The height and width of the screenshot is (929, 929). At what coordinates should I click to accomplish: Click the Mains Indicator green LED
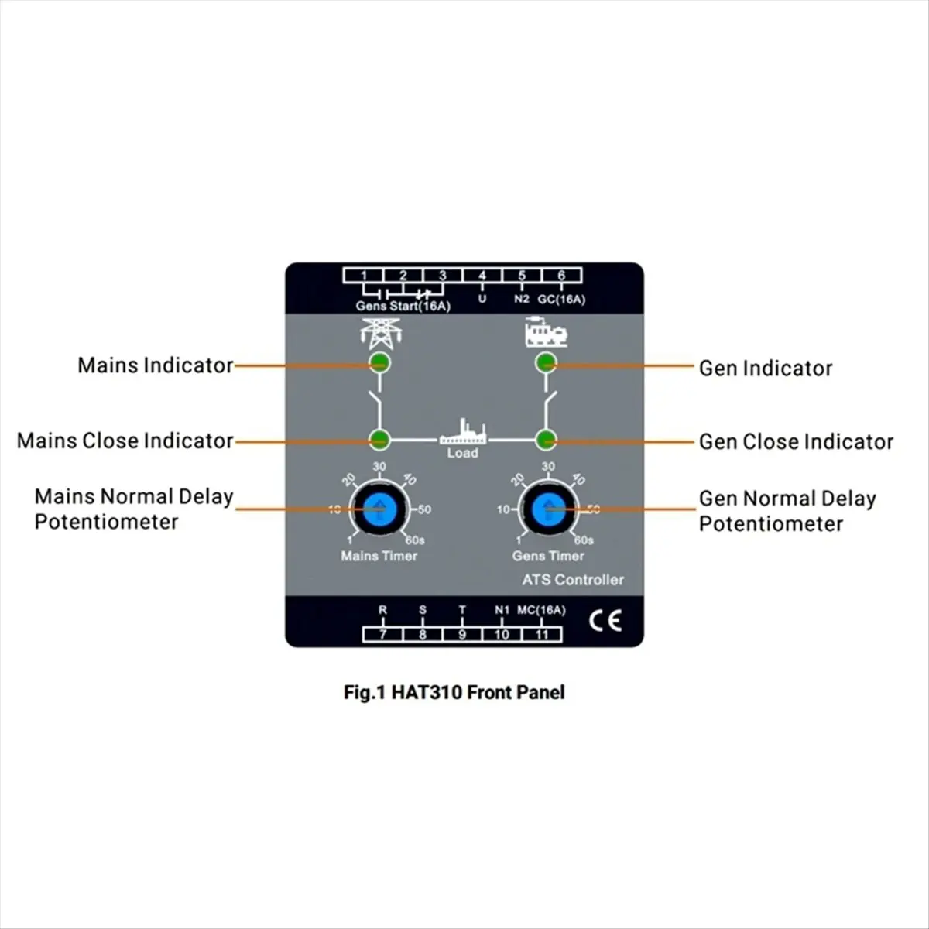click(379, 362)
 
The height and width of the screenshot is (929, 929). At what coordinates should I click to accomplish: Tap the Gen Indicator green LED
click(547, 362)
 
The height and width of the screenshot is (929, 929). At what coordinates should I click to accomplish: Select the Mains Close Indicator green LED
click(379, 440)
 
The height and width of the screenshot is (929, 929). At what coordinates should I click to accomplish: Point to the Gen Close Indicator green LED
click(547, 440)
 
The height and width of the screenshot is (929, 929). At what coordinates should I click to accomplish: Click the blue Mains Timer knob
click(379, 509)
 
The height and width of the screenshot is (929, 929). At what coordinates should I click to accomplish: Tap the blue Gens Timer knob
click(549, 509)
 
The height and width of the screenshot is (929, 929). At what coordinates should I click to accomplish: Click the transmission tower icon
click(379, 333)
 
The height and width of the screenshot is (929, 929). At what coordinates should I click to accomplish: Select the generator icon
click(546, 332)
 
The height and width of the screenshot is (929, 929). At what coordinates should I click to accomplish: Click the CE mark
click(605, 621)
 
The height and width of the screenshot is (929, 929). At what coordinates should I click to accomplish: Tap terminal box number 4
click(482, 275)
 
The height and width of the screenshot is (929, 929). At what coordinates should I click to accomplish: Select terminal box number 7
click(382, 635)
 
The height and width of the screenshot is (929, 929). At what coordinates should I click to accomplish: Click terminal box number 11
click(542, 635)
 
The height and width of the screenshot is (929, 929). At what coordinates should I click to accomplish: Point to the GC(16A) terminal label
click(562, 300)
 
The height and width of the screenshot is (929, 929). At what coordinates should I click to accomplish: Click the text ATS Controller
click(573, 580)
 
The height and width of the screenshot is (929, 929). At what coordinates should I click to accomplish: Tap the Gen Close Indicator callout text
click(796, 442)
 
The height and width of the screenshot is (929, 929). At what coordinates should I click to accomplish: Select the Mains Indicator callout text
click(155, 365)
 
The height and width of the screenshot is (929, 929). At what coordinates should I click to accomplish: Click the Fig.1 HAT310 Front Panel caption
click(454, 692)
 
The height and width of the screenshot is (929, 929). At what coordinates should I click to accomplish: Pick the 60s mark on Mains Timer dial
click(415, 540)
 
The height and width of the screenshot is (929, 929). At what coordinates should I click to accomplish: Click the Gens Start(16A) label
click(403, 307)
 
